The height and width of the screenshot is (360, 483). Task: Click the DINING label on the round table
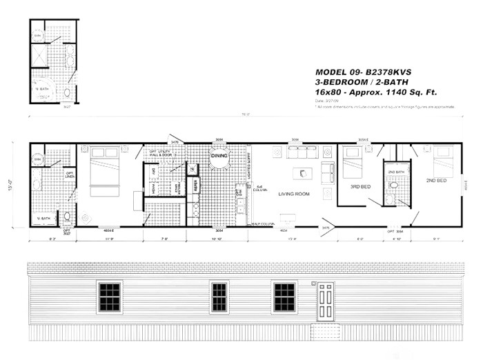coord(219,157)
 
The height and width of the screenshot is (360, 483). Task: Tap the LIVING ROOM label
coord(293,194)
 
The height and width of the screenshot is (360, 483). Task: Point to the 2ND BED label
coord(436,181)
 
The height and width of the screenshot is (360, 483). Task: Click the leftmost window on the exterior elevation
coord(109,297)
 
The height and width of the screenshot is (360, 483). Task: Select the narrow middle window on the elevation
coord(219,297)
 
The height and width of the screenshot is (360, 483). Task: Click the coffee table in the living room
coord(302,173)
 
